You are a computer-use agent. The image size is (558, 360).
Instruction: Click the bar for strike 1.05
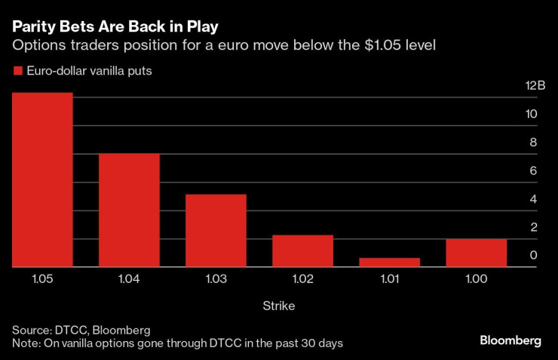pos(42,180)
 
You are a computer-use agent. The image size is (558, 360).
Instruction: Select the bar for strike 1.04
pos(129,210)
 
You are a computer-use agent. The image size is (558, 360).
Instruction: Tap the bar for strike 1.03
pos(216,230)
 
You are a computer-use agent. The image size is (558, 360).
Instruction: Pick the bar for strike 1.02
pos(302,251)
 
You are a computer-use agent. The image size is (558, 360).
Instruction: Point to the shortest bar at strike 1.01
pos(389,262)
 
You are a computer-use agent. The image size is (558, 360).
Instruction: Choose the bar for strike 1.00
pos(476,253)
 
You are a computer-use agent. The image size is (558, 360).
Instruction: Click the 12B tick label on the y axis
pos(535,86)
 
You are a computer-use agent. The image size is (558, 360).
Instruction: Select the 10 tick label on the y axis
pos(532,115)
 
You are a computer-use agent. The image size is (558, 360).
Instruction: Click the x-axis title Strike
pos(278,306)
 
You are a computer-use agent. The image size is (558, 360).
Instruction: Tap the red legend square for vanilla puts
pos(17,71)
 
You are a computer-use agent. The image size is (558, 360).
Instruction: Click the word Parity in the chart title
pos(31,26)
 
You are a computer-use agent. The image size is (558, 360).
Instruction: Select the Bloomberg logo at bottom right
pos(510,340)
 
